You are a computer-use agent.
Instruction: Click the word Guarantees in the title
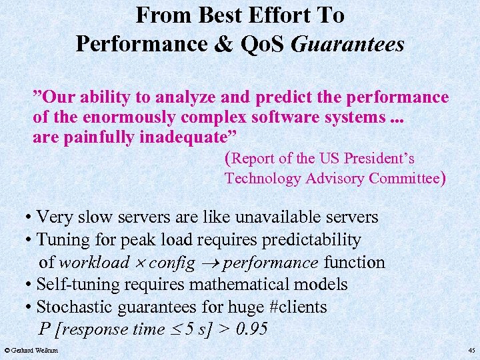[348, 44]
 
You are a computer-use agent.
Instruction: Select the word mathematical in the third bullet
[237, 285]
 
